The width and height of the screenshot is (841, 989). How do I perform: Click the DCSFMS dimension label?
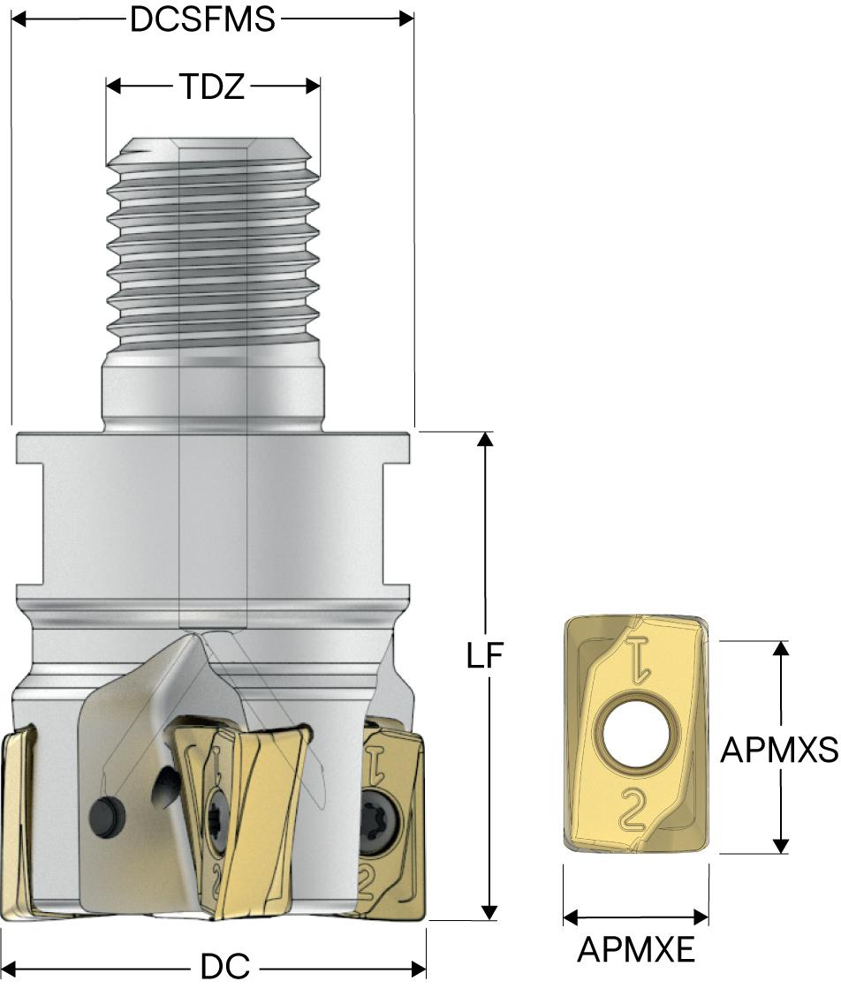pyautogui.click(x=202, y=19)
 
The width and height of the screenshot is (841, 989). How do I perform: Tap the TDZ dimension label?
pyautogui.click(x=212, y=87)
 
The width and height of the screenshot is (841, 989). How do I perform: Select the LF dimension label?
pyautogui.click(x=484, y=656)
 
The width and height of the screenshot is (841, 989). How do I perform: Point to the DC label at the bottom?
pyautogui.click(x=225, y=966)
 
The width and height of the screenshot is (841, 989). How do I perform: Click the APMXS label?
pyautogui.click(x=780, y=750)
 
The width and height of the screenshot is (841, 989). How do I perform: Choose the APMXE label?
pyautogui.click(x=636, y=949)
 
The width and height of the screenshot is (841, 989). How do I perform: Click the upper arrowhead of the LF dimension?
pyautogui.click(x=485, y=440)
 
